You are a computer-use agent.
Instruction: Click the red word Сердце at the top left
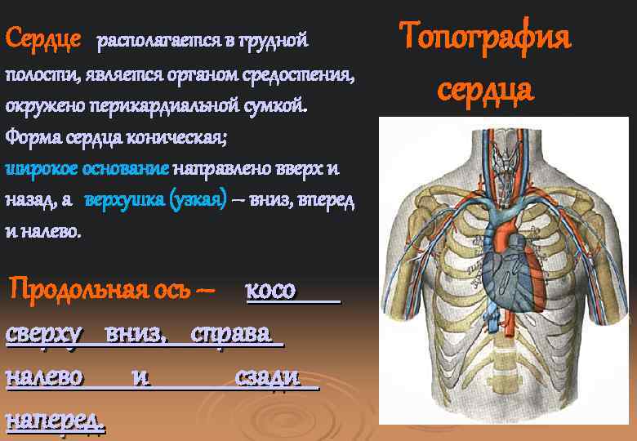point(42,38)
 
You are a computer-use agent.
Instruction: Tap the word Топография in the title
point(485,38)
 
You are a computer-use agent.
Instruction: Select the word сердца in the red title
point(485,88)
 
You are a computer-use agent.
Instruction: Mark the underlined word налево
point(45,377)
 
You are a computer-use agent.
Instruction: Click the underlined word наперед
point(55,420)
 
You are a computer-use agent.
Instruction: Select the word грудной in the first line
point(278,39)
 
